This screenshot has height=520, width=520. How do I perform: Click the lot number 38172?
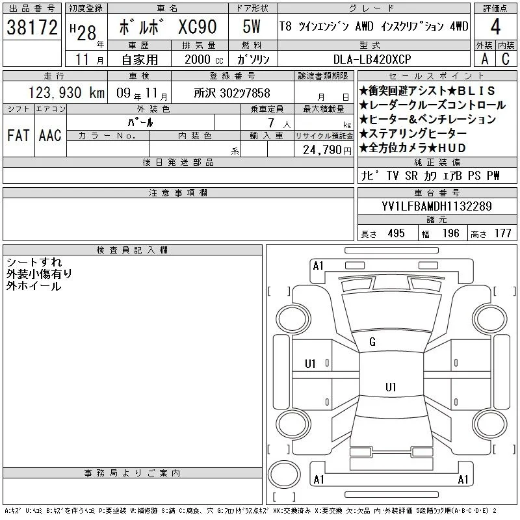tap(32, 27)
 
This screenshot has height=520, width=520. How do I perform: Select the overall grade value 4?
tap(495, 27)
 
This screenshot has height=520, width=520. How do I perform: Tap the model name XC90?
tap(198, 27)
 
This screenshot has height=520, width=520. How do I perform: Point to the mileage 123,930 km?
tap(66, 93)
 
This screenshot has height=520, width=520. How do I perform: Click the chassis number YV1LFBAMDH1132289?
tap(437, 206)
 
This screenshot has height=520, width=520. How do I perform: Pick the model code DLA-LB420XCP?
tap(372, 59)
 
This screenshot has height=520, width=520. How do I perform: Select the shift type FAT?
tap(18, 135)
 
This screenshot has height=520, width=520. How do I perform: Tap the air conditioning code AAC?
tap(50, 135)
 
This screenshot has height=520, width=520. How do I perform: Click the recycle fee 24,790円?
tap(327, 150)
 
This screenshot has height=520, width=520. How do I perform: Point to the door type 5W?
tap(252, 27)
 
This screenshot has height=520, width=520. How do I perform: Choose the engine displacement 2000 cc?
tap(204, 60)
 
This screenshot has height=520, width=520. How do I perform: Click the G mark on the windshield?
tap(372, 342)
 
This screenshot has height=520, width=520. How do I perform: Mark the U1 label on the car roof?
tap(391, 387)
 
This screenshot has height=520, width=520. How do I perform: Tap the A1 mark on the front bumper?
tap(318, 266)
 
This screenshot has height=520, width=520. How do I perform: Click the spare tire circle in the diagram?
tap(284, 475)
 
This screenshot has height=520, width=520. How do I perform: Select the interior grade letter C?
tap(506, 59)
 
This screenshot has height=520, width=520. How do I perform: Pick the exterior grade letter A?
tap(484, 59)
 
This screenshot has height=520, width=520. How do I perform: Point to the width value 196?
tap(450, 233)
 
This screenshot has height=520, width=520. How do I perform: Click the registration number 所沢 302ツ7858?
tap(232, 93)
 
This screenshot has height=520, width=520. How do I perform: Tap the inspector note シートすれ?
tap(34, 263)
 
